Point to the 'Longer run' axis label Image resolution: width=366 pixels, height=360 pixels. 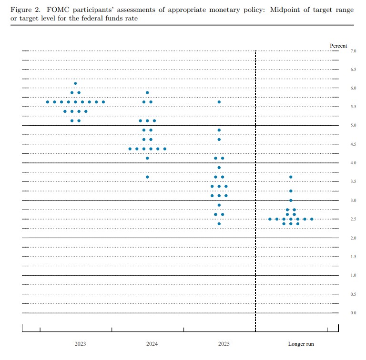coord(301,344)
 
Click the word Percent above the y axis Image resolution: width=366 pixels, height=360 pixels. coord(339,46)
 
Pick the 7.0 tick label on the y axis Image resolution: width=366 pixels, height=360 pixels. coord(354,50)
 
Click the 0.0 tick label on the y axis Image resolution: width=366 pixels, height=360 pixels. coord(354,313)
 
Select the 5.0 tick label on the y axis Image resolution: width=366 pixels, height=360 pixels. coord(354,125)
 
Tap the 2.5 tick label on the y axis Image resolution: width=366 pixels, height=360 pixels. coord(354,219)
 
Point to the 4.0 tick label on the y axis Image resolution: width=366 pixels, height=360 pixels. coord(354,163)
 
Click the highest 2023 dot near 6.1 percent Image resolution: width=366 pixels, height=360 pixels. coord(75,83)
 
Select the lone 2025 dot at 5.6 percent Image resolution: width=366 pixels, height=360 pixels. coord(219,102)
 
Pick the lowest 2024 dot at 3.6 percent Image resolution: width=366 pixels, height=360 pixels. coord(147,177)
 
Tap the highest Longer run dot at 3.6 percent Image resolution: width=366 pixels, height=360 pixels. coord(291,177)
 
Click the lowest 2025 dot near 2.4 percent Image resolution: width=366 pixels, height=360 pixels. coord(219,223)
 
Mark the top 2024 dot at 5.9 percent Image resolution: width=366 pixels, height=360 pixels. coord(147,92)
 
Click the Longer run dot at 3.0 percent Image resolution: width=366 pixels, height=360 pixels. coord(291,200)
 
